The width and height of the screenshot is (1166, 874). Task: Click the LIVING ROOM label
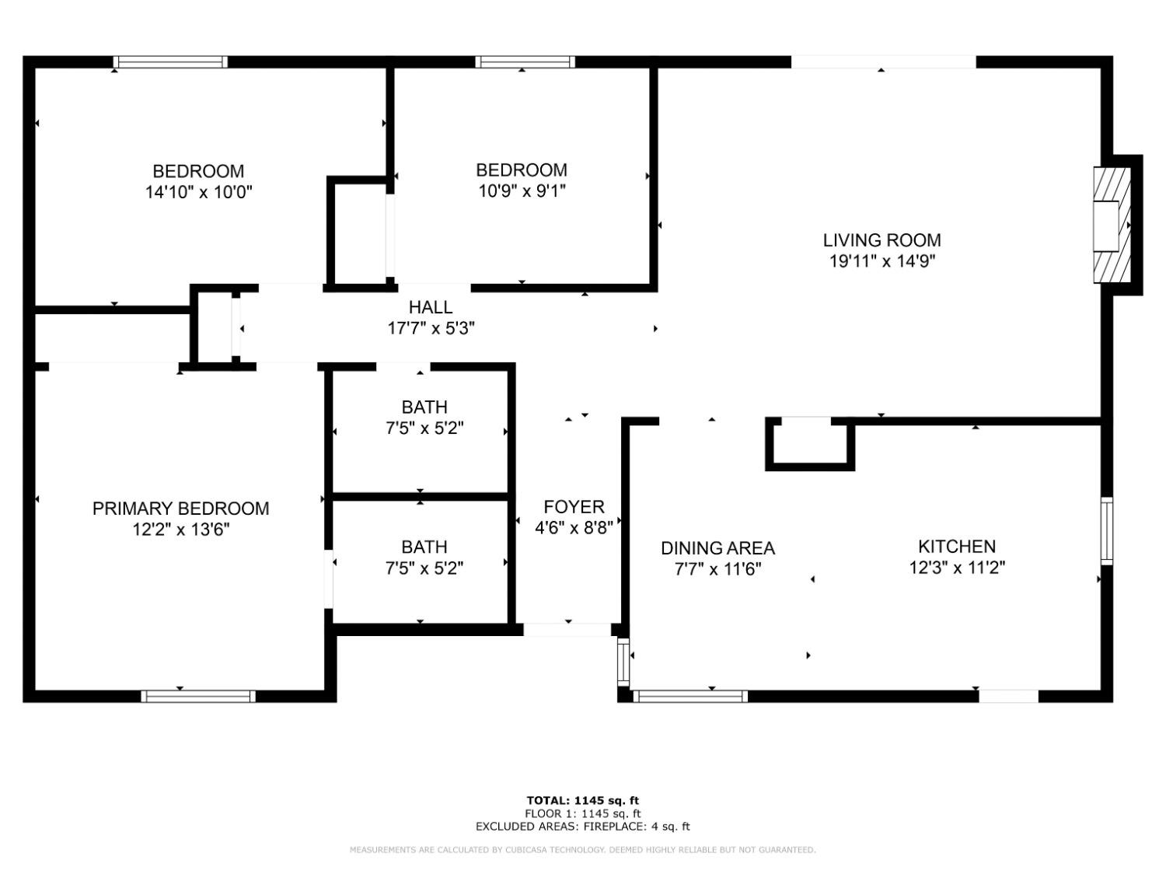pos(881,240)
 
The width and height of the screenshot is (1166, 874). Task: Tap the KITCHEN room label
pos(956,547)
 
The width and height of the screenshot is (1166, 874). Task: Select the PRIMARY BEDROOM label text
pos(180,509)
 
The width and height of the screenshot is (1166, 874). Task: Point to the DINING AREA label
pos(717,548)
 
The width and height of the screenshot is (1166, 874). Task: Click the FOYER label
pos(574,507)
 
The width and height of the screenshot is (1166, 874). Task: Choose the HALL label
pos(431,307)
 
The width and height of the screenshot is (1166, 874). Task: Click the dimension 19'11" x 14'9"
pos(881,261)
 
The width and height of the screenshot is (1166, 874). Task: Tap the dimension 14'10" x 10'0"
pos(198,192)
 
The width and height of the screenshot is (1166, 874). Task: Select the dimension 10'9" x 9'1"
pos(522,191)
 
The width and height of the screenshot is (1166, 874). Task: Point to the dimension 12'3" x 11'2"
pos(956,568)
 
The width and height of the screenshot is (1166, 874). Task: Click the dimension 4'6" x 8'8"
pos(574,528)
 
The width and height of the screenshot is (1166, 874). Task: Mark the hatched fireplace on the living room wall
pos(1112,225)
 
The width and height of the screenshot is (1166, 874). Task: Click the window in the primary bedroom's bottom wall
pos(198,696)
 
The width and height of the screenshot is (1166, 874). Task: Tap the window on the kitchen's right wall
pos(1107,530)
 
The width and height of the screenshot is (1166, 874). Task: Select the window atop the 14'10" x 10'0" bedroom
pos(170,62)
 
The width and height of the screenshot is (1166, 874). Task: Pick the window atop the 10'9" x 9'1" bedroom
pos(525,62)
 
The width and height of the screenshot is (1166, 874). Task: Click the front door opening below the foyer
pos(567,630)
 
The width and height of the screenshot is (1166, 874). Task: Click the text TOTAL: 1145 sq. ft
pos(582,800)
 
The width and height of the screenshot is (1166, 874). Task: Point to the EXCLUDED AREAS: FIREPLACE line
pos(582,827)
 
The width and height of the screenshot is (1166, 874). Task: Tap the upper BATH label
pos(424,407)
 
